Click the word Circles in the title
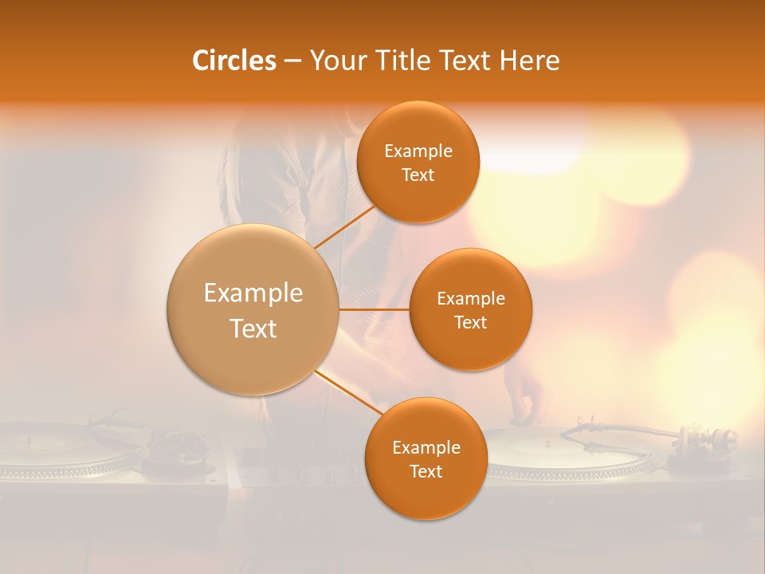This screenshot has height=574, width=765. click(x=234, y=61)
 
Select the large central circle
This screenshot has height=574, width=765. click(x=253, y=309)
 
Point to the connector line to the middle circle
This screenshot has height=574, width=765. click(x=374, y=309)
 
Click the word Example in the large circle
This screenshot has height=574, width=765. click(x=253, y=293)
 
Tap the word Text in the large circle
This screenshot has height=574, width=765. click(x=253, y=328)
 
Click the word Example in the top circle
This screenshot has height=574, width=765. click(x=418, y=151)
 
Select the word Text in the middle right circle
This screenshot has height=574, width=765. click(x=470, y=322)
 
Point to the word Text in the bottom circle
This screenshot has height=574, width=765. click(x=426, y=471)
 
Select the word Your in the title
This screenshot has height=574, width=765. click(x=334, y=61)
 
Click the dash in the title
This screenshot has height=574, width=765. click(x=292, y=61)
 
